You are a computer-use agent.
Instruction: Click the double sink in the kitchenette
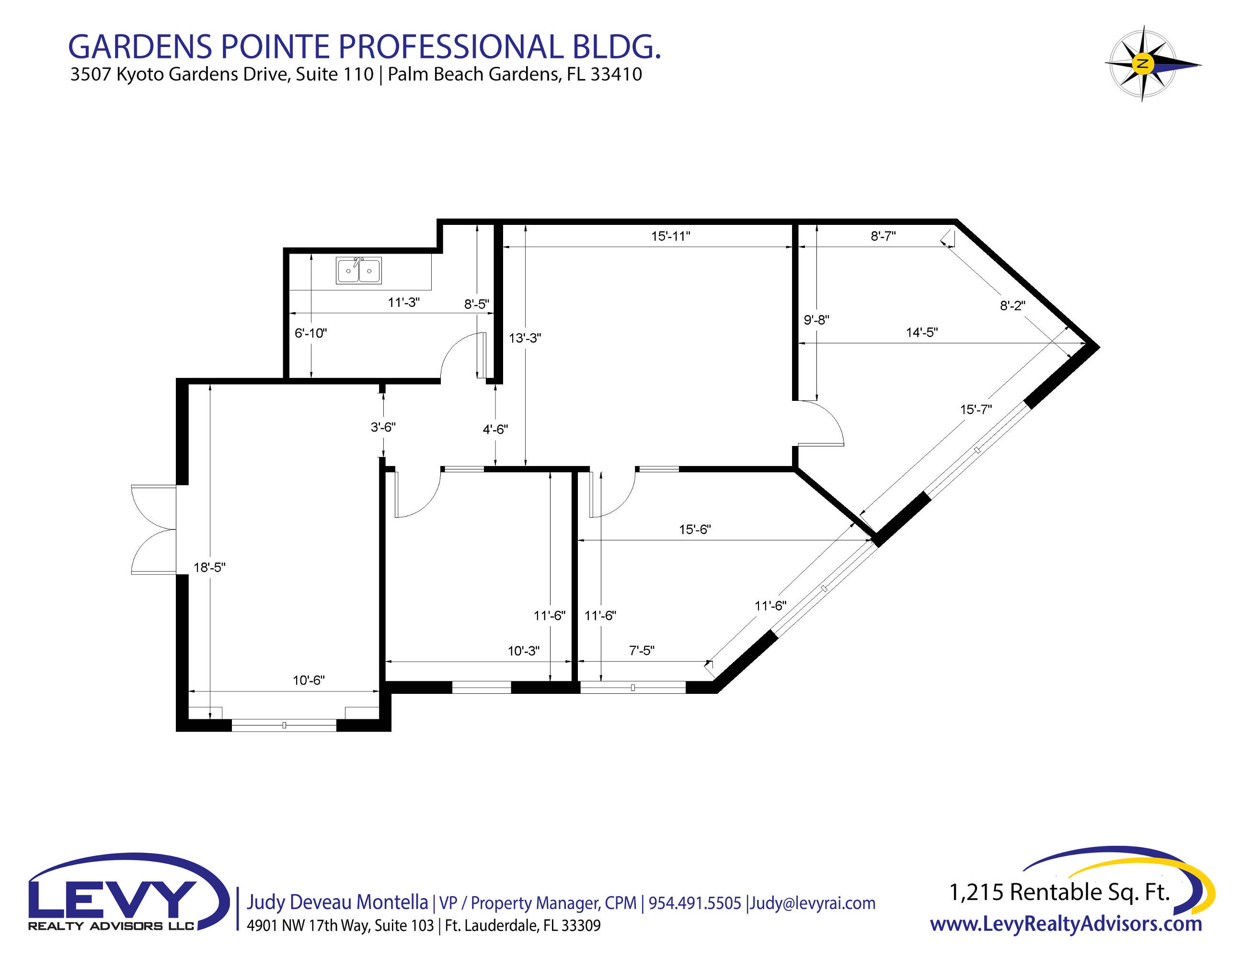point(358,270)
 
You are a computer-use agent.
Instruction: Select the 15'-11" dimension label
point(670,236)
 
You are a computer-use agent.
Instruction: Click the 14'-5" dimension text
point(922,332)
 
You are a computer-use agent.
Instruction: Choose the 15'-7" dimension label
point(976,409)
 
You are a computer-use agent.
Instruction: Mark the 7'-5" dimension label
point(642,651)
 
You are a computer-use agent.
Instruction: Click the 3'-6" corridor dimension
point(383,427)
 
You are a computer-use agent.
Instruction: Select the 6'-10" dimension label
point(310,333)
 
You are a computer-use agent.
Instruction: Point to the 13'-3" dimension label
point(525,338)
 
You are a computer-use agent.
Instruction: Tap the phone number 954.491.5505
point(695,903)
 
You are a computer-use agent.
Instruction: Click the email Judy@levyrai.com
point(813,903)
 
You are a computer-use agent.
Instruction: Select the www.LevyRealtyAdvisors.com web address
point(1066,924)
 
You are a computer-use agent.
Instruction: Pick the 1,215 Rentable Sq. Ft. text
point(1059,892)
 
